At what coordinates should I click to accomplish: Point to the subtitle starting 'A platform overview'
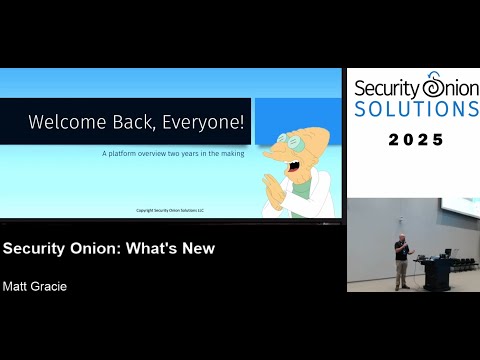(171, 154)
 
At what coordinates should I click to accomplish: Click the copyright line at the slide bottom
(169, 210)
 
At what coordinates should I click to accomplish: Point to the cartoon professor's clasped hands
(276, 189)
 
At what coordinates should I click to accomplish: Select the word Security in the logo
(386, 88)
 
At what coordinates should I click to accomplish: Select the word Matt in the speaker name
(18, 286)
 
